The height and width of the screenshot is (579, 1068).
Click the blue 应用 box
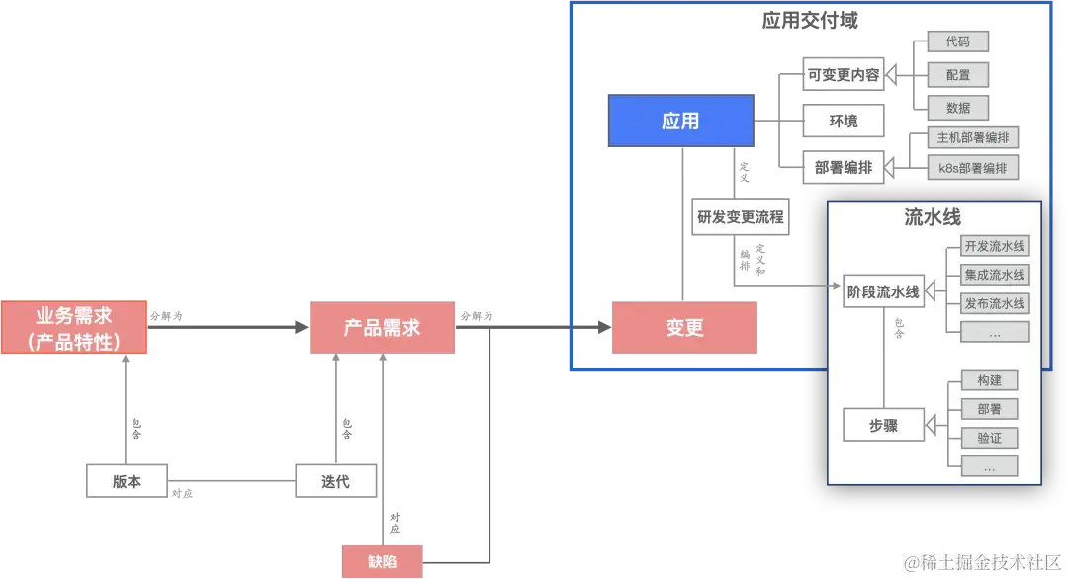click(680, 121)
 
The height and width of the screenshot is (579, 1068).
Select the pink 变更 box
click(684, 328)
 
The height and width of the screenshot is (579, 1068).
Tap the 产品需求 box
click(383, 328)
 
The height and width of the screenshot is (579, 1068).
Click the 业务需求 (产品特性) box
click(74, 328)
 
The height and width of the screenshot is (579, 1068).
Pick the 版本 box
click(127, 481)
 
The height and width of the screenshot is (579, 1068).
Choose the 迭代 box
click(336, 481)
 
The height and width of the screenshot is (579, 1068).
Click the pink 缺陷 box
click(383, 561)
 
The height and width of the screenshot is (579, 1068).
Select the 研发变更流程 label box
click(740, 217)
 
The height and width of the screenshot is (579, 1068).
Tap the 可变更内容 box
click(844, 75)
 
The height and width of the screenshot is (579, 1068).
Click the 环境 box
click(844, 122)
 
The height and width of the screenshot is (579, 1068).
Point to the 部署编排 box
click(844, 168)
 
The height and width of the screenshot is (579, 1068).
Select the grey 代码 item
click(957, 41)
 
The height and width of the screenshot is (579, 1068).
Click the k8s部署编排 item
click(973, 168)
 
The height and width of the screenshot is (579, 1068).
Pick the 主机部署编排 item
click(973, 138)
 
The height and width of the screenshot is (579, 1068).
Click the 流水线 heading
click(933, 217)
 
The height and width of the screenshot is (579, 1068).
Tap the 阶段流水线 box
click(883, 291)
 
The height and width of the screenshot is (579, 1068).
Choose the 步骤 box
click(883, 425)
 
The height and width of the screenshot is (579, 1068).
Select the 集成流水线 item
click(995, 275)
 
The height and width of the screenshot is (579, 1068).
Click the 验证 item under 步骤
click(989, 438)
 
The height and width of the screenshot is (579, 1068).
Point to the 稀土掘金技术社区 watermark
click(983, 561)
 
